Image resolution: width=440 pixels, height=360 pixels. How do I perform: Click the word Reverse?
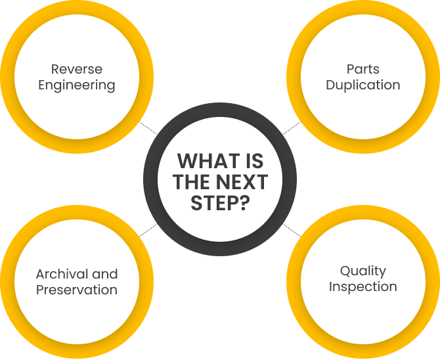76,69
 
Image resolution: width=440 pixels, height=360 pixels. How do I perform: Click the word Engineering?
76,85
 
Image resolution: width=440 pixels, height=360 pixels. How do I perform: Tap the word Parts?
363,69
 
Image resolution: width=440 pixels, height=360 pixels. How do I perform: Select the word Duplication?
363,85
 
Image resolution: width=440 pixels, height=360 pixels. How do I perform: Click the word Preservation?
76,290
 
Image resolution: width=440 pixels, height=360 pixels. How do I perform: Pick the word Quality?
363,271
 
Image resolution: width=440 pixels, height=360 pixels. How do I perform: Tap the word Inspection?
363,287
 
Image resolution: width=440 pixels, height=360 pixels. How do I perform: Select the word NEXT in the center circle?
240,182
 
